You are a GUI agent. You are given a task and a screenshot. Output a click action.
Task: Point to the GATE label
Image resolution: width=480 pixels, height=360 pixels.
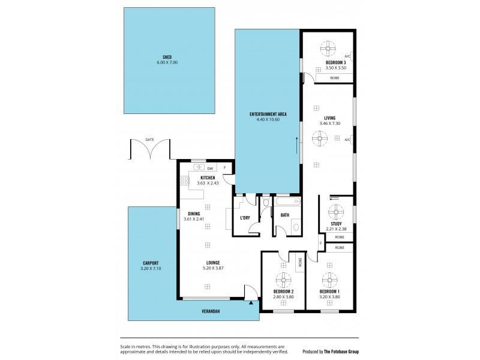coord(149,139)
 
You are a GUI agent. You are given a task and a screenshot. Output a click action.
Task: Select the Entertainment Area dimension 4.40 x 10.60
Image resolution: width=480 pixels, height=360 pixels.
coord(268,119)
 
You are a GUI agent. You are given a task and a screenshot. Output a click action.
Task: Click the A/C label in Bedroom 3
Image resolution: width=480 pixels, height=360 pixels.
coord(347,56)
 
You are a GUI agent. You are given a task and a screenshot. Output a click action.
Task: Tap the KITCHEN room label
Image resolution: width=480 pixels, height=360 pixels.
coord(208,178)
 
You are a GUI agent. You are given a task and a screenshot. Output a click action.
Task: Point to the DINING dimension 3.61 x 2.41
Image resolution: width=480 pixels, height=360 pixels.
coord(194,218)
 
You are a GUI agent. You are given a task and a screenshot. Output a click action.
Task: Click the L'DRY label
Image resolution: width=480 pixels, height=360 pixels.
coord(245,217)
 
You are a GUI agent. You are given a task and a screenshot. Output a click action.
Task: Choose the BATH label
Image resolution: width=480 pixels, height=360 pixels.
coord(284,215)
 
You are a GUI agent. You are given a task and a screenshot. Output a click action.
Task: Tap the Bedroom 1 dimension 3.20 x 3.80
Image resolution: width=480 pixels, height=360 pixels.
coord(329,296)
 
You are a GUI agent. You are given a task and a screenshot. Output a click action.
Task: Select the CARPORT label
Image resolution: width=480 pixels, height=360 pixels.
coord(151,263)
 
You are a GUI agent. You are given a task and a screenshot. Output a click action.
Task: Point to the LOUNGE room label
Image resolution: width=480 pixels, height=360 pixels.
coord(212,262)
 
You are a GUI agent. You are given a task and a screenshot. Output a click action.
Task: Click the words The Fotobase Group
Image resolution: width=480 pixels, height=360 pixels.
coord(340,353)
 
